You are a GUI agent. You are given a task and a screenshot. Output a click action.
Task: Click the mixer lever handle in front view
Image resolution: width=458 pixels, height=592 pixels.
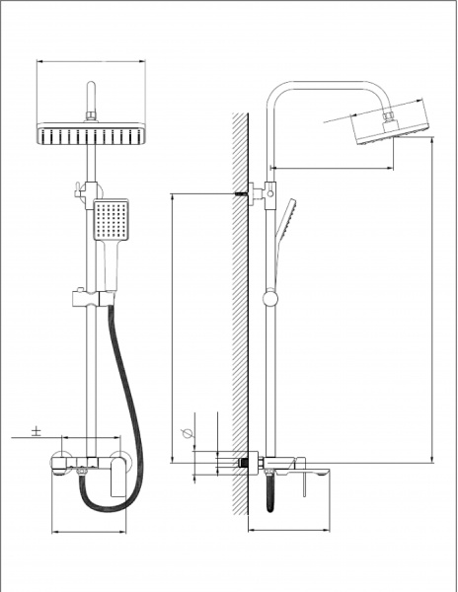click(120, 476)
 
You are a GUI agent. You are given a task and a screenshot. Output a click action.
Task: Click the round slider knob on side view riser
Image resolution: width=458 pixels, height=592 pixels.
click(269, 297)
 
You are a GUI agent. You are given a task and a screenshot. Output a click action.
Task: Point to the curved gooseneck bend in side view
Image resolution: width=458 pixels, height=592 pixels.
click(282, 91)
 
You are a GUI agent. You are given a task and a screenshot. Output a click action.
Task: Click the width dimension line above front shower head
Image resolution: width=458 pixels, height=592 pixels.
click(90, 61)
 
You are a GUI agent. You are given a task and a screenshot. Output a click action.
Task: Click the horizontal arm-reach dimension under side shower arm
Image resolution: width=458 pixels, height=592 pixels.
click(331, 168)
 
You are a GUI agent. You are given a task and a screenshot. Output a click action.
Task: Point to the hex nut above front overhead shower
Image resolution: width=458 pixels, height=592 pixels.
click(90, 117)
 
